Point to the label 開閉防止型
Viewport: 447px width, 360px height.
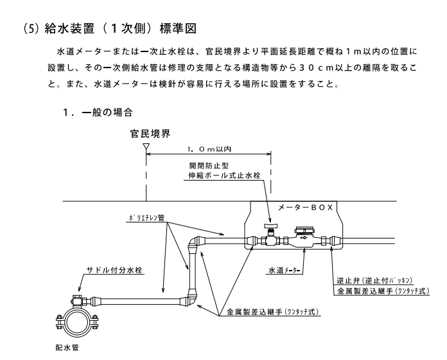coord(202,165)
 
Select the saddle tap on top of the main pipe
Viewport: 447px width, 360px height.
coord(77,300)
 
